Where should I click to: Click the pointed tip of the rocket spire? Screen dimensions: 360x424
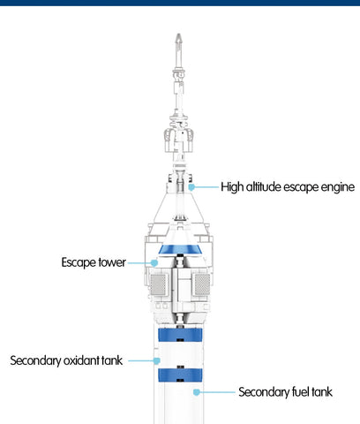click(178, 34)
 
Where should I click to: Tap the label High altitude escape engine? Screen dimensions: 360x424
click(288, 187)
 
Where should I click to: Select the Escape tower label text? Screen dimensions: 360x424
click(94, 262)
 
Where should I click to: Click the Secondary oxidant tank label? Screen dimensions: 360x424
click(66, 360)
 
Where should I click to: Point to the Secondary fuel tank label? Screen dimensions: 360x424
click(285, 392)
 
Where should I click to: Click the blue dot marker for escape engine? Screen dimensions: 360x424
click(191, 187)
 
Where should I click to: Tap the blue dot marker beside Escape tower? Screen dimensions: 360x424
click(154, 262)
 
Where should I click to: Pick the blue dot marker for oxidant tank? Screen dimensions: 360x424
click(157, 360)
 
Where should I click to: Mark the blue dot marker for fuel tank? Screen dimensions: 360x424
click(197, 392)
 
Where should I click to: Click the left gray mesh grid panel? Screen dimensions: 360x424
click(159, 284)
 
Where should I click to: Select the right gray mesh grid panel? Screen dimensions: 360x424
click(202, 284)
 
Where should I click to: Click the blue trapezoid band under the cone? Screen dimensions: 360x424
click(180, 249)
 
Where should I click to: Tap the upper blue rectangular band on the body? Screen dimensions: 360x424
click(180, 335)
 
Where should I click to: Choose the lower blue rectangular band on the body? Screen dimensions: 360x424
click(180, 375)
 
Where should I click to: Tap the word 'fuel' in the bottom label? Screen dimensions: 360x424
click(297, 392)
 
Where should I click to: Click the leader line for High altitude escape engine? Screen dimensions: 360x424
click(206, 187)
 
